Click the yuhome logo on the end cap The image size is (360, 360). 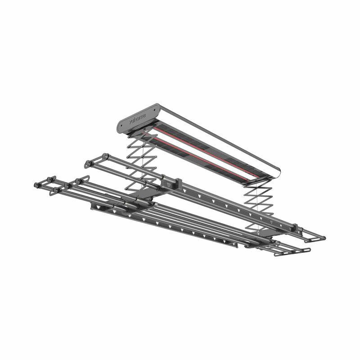[137, 119]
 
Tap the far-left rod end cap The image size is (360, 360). [36, 185]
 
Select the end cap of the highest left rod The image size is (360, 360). [106, 156]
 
